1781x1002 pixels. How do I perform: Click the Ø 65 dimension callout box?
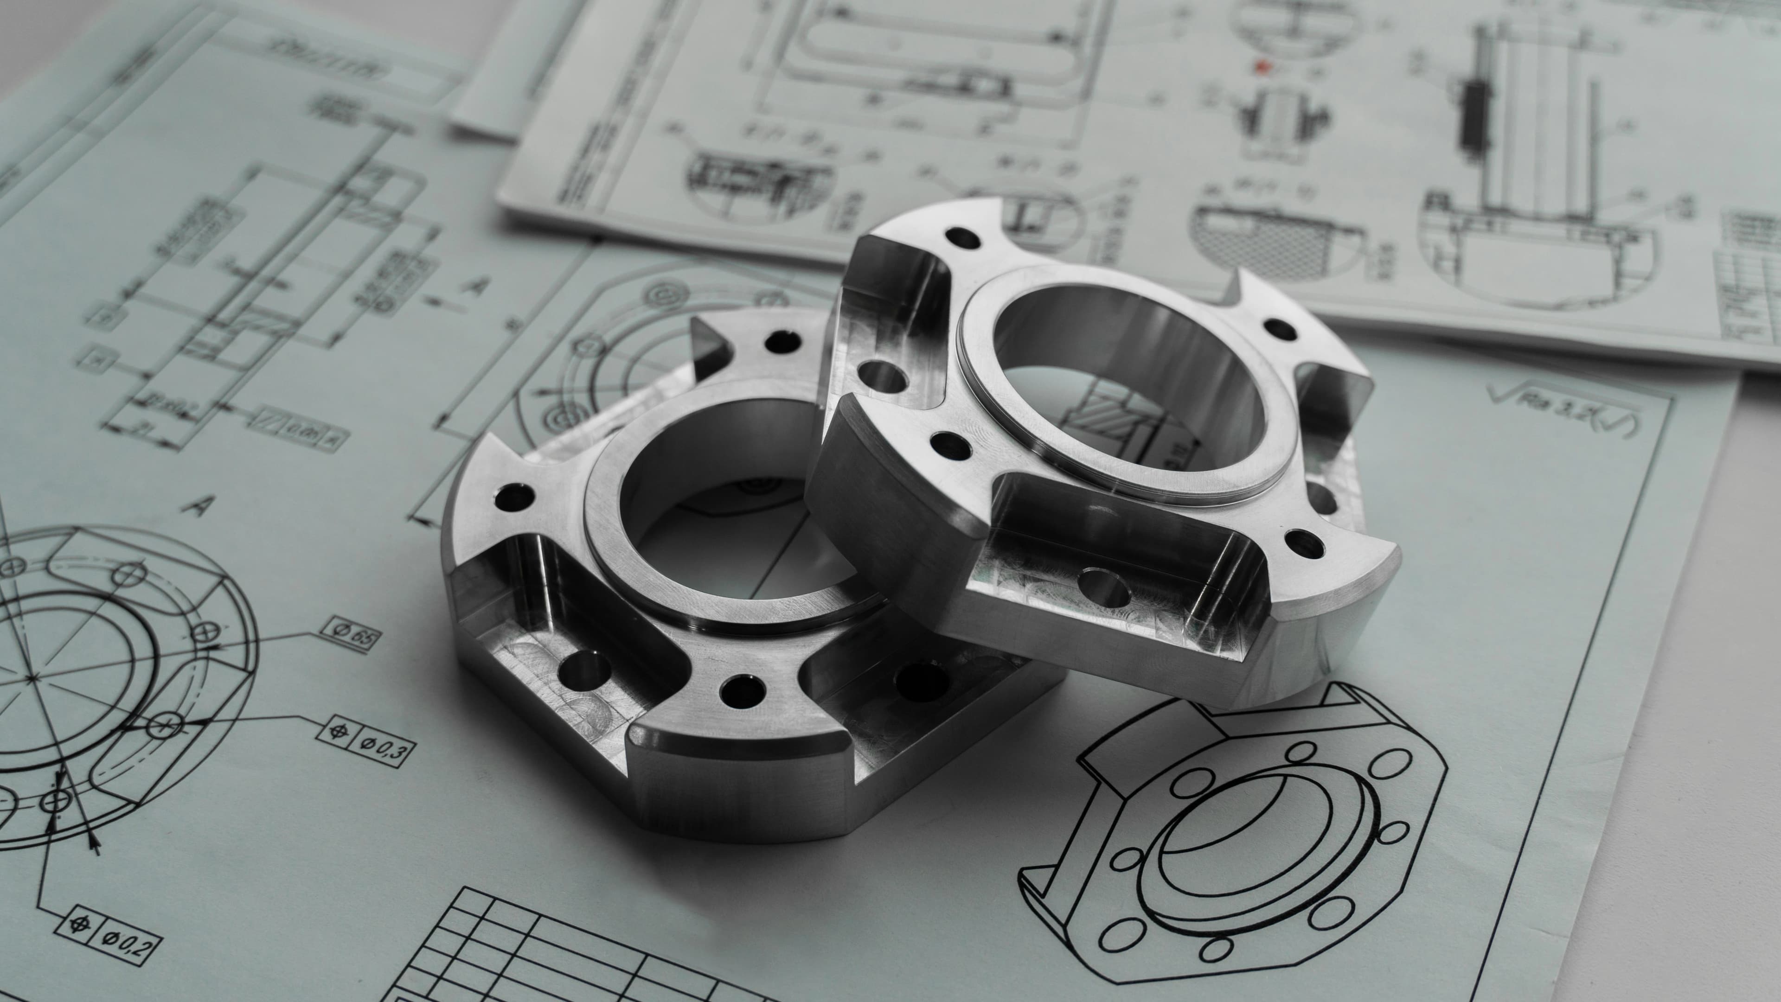click(x=351, y=634)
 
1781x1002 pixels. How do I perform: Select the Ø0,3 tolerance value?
click(x=389, y=749)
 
